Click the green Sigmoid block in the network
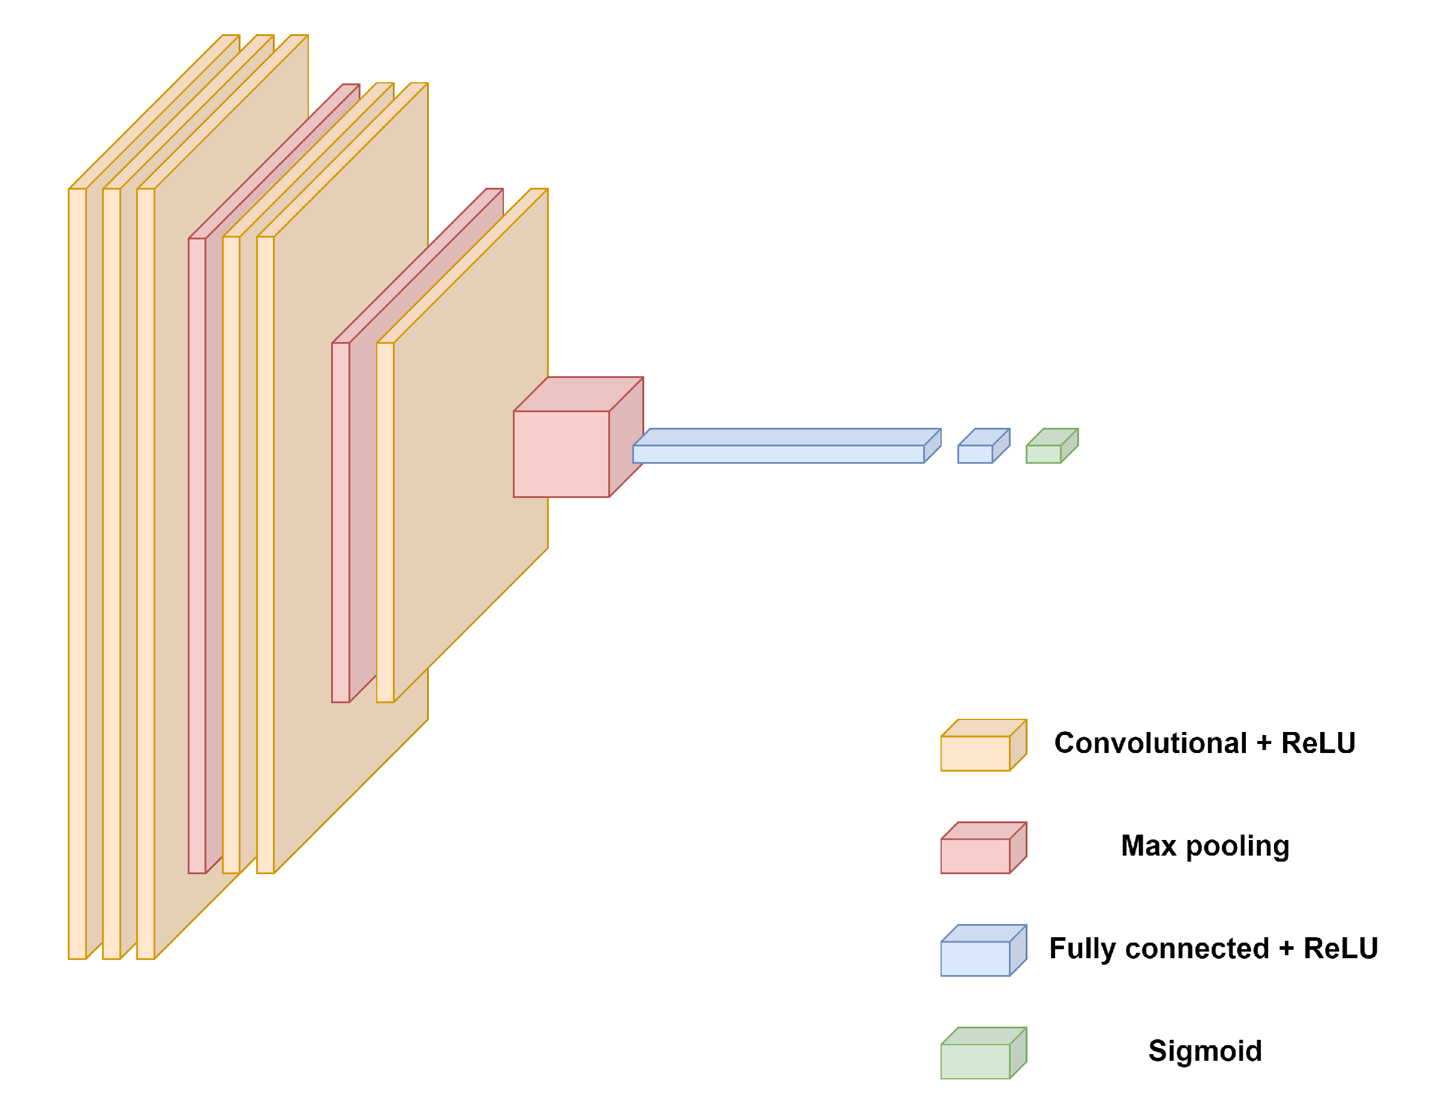click(x=1044, y=454)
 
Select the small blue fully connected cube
click(x=975, y=454)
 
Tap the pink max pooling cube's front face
click(x=561, y=454)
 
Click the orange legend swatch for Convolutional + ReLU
click(x=975, y=753)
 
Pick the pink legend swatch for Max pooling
click(x=975, y=856)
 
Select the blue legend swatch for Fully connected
click(x=975, y=958)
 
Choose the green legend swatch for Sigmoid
click(x=975, y=1061)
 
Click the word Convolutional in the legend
click(x=1150, y=743)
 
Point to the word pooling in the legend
click(x=1237, y=845)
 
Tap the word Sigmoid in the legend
click(x=1204, y=1051)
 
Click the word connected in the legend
click(x=1197, y=948)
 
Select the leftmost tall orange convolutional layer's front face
click(x=77, y=572)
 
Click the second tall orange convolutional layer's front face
click(x=111, y=572)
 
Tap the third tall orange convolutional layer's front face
click(x=145, y=572)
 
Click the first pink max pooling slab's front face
click(x=197, y=556)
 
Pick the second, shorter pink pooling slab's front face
click(x=340, y=523)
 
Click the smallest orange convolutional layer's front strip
click(x=384, y=523)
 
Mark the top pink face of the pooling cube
click(x=579, y=394)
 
